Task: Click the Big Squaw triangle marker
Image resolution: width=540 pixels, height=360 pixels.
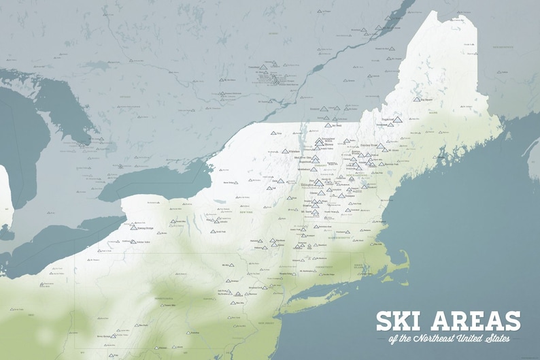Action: [x=416, y=99]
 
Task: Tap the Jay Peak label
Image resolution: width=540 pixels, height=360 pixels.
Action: [x=337, y=125]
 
